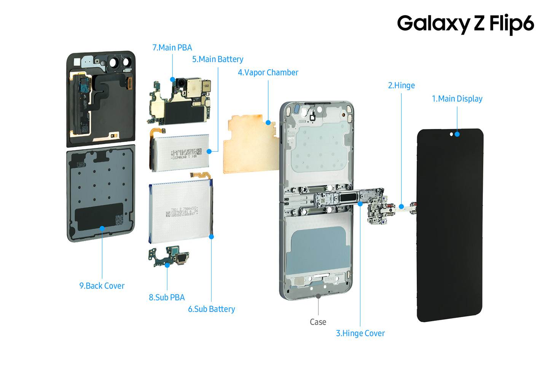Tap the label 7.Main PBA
click(172, 48)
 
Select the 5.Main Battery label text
click(217, 59)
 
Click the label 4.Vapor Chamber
click(268, 73)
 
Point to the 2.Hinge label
click(401, 86)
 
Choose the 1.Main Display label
click(457, 99)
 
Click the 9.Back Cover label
click(102, 286)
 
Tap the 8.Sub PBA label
click(167, 298)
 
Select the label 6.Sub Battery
click(211, 309)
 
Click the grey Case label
click(318, 322)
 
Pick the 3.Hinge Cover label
click(360, 333)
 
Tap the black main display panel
click(450, 228)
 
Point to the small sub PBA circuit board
click(169, 257)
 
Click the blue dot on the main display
click(457, 134)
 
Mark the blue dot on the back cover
click(102, 229)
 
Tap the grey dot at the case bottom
click(318, 295)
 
